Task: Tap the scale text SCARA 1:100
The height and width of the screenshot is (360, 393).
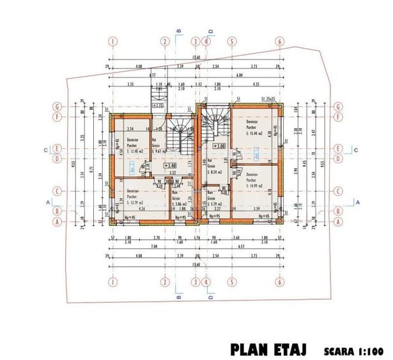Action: pos(354,350)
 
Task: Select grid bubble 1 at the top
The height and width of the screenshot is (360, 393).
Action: pos(112,42)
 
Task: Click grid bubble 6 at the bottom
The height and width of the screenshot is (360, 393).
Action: pos(279,282)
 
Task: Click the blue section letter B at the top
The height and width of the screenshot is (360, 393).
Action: pos(180,29)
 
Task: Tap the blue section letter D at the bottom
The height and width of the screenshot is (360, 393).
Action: pos(210,296)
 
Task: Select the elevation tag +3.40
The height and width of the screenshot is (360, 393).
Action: pos(169,164)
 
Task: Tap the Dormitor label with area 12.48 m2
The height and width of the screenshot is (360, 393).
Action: pos(134,145)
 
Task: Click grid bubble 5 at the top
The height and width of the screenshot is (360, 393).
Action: pos(229,42)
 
